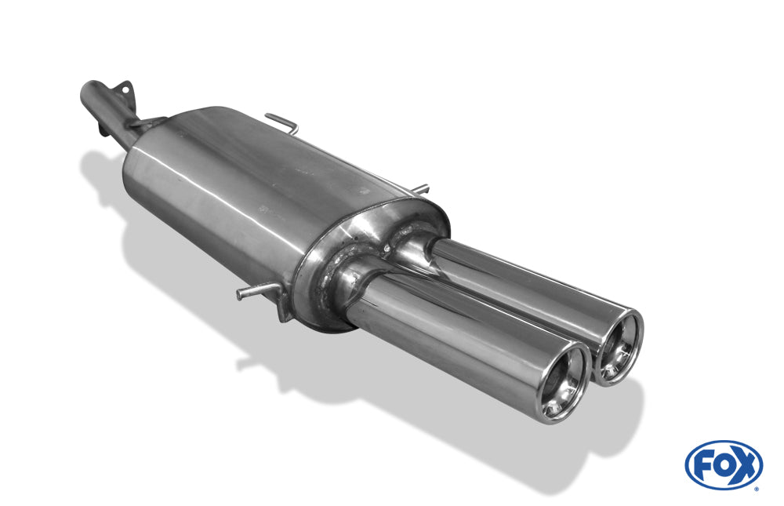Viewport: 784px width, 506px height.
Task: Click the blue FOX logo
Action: click(723, 464)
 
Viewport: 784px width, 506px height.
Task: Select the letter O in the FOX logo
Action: click(722, 464)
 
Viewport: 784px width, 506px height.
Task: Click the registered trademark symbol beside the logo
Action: click(757, 488)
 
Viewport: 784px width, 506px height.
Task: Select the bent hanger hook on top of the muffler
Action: click(282, 122)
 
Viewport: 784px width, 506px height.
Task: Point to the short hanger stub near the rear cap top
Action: click(420, 188)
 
